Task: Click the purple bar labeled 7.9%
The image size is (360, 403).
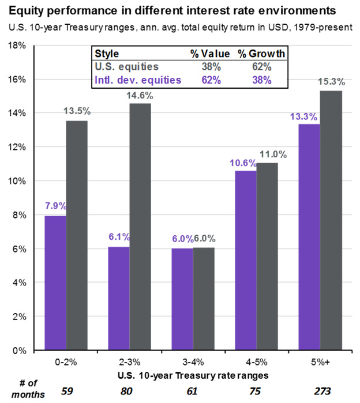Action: click(55, 283)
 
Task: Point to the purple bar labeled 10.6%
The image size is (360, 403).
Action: click(246, 260)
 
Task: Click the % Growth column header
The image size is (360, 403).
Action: click(262, 54)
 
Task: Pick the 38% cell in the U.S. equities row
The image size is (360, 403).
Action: click(209, 67)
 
